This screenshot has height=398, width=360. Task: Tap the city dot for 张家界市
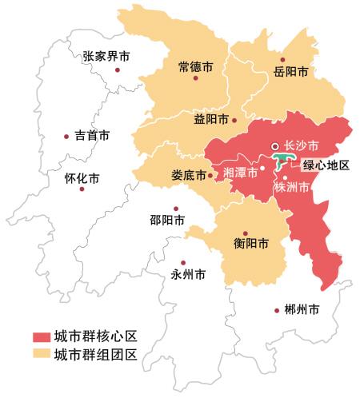coord(118,70)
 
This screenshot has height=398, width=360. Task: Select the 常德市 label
coord(196,69)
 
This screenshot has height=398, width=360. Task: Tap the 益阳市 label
coord(211,120)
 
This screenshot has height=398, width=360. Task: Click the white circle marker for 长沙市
coord(274,146)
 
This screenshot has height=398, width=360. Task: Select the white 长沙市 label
coord(302,146)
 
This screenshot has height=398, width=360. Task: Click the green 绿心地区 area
coord(282,161)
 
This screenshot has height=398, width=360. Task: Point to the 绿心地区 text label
coord(326,165)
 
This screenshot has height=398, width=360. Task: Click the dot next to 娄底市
coord(210,175)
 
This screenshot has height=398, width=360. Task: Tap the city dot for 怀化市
coord(67,177)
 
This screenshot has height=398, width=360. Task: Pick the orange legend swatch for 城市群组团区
coord(42,354)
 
